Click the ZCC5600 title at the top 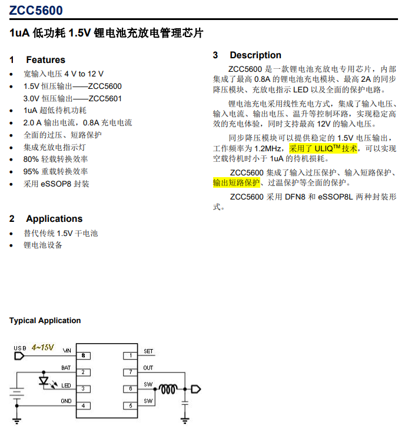36,10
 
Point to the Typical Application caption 45,321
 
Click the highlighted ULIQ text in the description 323,148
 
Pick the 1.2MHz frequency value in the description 268,148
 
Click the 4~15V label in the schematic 43,347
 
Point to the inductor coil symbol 169,389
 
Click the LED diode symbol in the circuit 43,381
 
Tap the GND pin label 67,401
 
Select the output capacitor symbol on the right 185,402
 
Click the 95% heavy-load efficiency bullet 56,171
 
